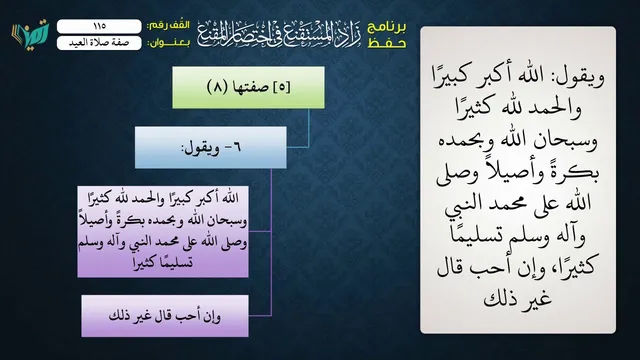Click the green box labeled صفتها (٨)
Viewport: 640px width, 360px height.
pyautogui.click(x=248, y=87)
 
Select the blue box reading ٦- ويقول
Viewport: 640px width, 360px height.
pyautogui.click(x=211, y=147)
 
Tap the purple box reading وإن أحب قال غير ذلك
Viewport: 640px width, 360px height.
pyautogui.click(x=165, y=316)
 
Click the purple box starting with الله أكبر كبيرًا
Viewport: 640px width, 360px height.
pyautogui.click(x=163, y=231)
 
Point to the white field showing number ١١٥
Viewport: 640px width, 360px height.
pyautogui.click(x=99, y=26)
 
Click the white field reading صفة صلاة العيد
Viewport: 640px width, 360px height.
pyautogui.click(x=99, y=43)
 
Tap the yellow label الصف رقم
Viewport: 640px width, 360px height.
pyautogui.click(x=168, y=26)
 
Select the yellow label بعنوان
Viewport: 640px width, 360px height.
pyautogui.click(x=168, y=43)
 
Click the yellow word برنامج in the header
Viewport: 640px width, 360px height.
pyautogui.click(x=387, y=27)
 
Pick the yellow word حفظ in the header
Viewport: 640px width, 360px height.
pyautogui.click(x=387, y=43)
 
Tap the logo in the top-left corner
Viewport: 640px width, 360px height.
pyautogui.click(x=30, y=33)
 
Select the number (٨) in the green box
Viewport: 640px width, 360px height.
pyautogui.click(x=217, y=87)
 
